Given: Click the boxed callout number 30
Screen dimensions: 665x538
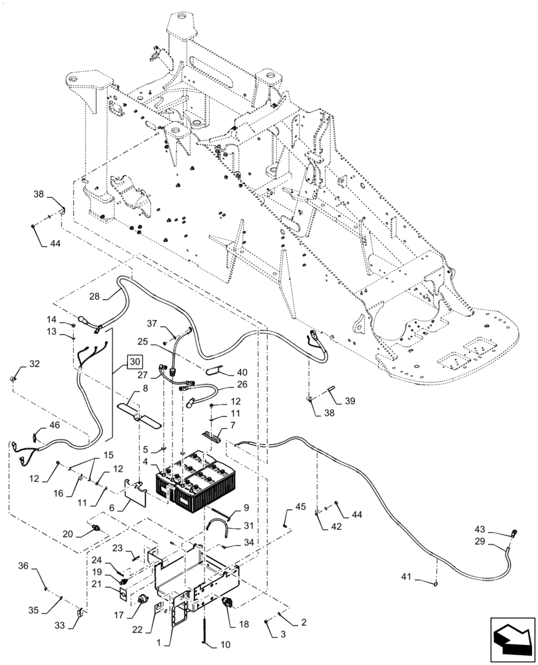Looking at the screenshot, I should tap(134, 362).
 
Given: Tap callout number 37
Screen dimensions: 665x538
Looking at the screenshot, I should tap(152, 324).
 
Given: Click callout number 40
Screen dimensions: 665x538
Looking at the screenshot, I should tap(242, 372).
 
